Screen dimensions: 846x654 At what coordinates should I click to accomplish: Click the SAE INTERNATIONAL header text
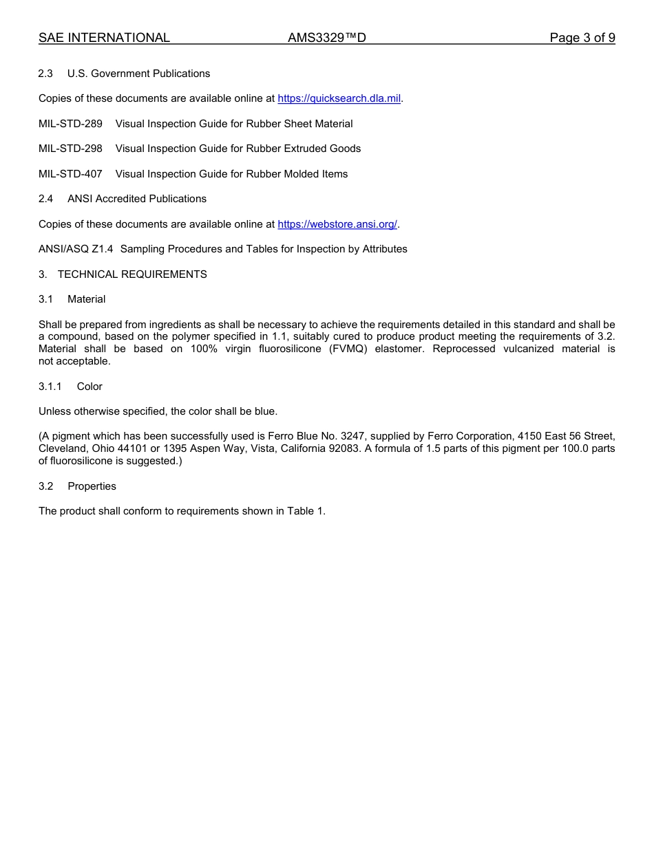point(104,38)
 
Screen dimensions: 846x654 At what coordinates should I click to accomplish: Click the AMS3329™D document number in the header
point(326,38)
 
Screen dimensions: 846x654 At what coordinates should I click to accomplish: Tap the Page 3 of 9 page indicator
point(582,38)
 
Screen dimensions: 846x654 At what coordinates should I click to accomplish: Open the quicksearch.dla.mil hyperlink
point(339,99)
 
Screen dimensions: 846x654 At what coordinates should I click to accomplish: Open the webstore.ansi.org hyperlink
point(337,224)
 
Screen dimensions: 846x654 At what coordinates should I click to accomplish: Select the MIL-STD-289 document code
point(70,124)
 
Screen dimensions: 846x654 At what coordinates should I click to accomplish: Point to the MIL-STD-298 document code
point(70,149)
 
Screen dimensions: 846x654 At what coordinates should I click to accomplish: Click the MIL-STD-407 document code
point(70,174)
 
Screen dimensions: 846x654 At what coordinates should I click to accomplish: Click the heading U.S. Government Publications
point(138,74)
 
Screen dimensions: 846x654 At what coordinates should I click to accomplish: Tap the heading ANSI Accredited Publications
point(136,199)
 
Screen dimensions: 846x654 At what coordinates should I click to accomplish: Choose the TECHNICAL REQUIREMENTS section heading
point(132,274)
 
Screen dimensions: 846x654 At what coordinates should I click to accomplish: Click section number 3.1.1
point(50,387)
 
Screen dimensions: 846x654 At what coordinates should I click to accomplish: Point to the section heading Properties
point(92,486)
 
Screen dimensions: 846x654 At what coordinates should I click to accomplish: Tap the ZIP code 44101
point(129,448)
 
